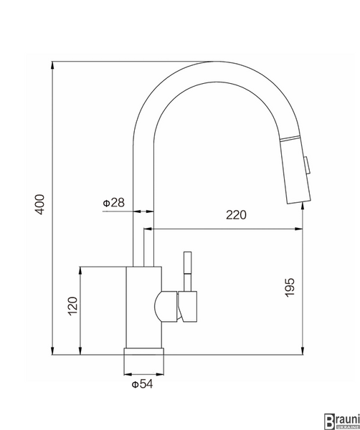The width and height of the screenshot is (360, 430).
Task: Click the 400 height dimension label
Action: point(40,204)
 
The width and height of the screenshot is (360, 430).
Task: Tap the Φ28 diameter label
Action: point(113,203)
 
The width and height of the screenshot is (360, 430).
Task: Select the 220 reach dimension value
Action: point(236,215)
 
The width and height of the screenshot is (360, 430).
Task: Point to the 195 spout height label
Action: point(290,287)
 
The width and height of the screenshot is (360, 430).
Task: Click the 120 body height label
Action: point(73,306)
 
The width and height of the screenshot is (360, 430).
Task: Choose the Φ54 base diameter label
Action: point(142,384)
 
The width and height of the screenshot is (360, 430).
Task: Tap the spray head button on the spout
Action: point(308,166)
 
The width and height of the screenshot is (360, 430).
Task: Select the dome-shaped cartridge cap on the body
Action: point(166,306)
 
